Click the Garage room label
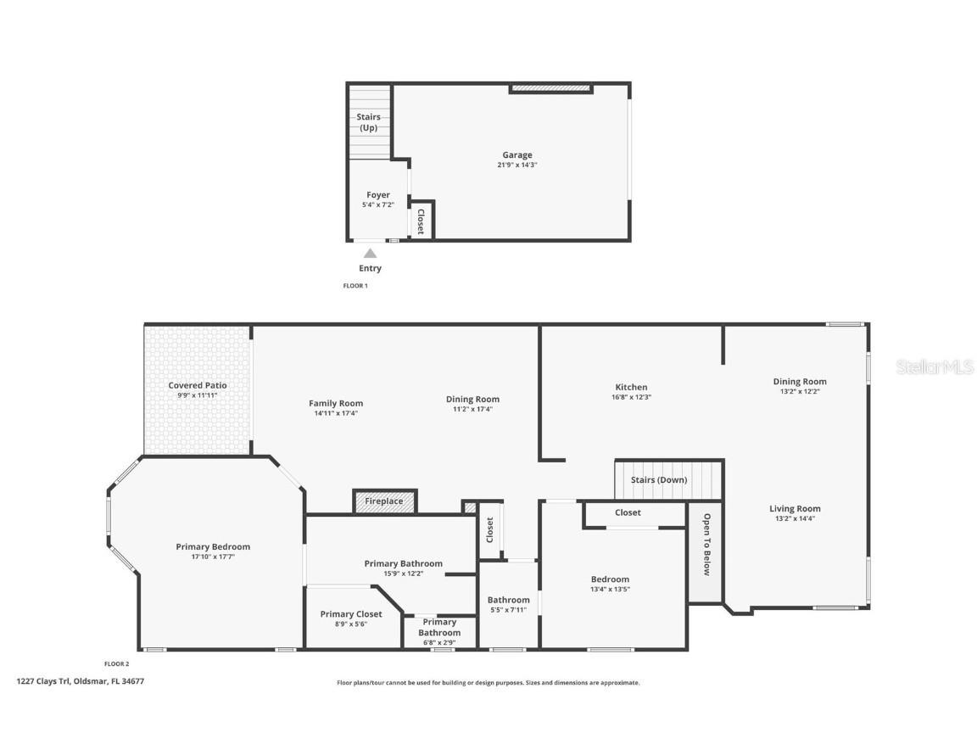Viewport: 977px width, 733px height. tap(516, 155)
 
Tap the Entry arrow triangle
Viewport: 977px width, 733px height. tap(370, 253)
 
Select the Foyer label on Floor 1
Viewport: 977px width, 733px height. tap(377, 195)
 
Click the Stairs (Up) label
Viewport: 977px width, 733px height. tap(368, 122)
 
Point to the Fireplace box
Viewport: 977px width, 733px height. tap(384, 501)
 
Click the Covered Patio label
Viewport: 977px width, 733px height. tap(198, 385)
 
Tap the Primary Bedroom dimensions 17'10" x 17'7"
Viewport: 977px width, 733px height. tap(213, 557)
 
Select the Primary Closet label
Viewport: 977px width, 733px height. tap(351, 614)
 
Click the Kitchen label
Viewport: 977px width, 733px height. tap(631, 387)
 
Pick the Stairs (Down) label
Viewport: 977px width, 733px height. tap(659, 480)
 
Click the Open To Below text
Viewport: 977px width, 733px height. tap(706, 544)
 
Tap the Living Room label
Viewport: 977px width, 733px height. tap(795, 509)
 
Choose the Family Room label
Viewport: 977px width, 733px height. tap(336, 404)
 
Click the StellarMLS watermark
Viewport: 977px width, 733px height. tap(935, 367)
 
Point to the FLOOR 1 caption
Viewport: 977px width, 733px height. tap(355, 286)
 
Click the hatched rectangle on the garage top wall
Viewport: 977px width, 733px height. tap(550, 87)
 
